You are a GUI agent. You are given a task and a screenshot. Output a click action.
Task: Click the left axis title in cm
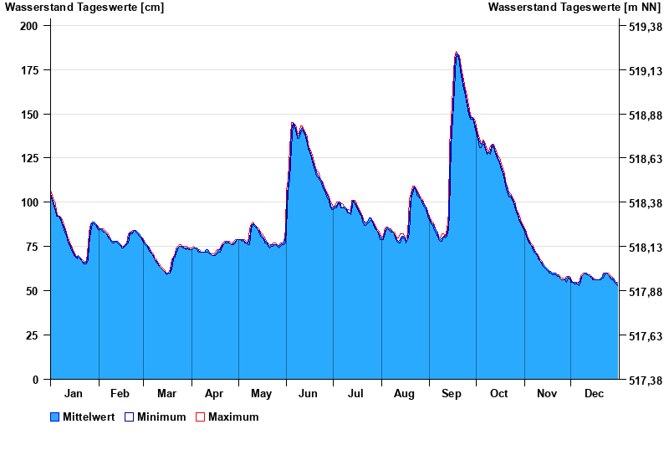coord(84,8)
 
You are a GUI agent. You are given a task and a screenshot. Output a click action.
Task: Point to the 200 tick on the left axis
coord(29,26)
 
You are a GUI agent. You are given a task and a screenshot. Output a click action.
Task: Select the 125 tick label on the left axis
coord(29,158)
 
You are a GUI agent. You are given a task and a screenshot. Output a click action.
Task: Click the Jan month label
coord(74,394)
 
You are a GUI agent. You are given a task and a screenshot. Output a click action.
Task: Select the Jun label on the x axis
coord(308,394)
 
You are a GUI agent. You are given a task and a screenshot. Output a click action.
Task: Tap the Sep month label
coord(452,394)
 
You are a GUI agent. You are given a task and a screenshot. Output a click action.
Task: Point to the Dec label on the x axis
coord(594,394)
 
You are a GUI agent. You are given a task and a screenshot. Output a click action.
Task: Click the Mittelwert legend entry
coord(89,417)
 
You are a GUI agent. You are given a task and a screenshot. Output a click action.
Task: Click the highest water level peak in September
coord(457,53)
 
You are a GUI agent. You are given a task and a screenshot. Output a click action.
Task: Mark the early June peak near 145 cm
coord(293,124)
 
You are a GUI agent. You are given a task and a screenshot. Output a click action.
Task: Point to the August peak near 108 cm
coord(413,187)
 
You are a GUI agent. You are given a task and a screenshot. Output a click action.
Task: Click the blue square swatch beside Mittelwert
coord(55,417)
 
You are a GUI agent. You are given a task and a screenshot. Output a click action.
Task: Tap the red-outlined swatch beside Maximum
coord(200,417)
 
